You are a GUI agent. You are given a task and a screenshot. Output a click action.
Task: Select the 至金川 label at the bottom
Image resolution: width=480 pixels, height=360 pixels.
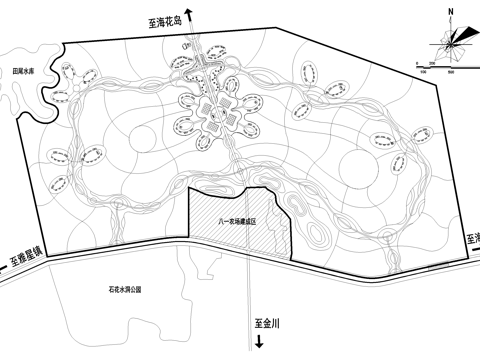270,324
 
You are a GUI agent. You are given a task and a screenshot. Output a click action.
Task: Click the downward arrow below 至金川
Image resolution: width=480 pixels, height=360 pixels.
259,344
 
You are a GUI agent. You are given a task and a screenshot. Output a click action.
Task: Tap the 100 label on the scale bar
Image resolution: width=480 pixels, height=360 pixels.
424,72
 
